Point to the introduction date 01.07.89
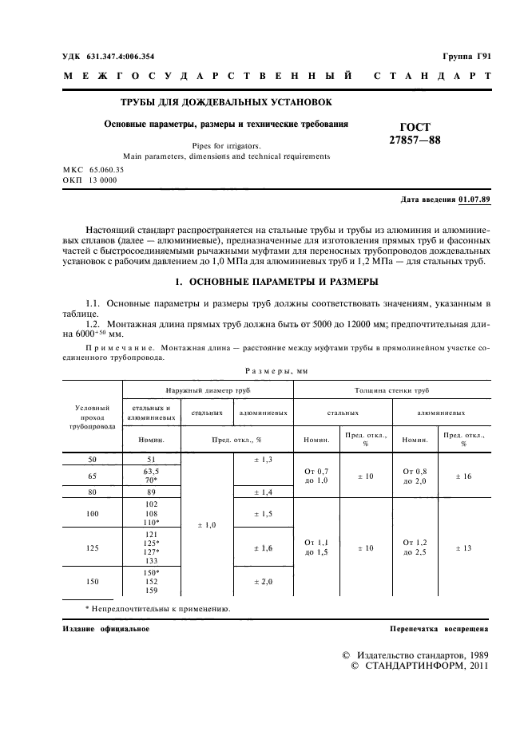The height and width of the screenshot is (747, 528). tap(474, 199)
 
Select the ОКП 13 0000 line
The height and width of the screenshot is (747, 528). tap(89, 181)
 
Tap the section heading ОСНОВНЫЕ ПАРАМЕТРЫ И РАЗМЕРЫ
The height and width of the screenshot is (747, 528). tap(276, 283)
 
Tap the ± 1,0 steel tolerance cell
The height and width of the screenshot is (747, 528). tap(206, 524)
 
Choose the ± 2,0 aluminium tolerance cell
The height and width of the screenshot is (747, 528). tap(263, 582)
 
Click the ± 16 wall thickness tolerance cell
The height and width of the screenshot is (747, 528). tap(462, 476)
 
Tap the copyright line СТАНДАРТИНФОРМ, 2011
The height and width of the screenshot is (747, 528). tap(419, 666)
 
